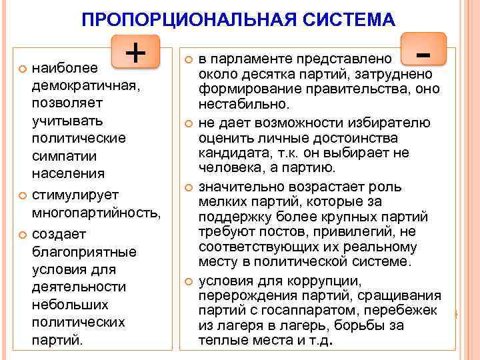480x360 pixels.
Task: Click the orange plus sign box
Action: (x=136, y=51)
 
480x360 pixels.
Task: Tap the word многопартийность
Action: (x=97, y=212)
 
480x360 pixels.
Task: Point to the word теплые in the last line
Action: (x=221, y=341)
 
